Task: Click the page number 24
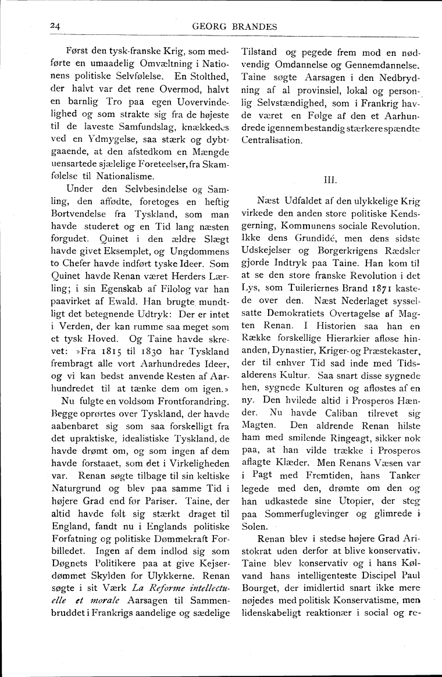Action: click(x=56, y=26)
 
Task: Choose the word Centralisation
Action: click(x=272, y=140)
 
